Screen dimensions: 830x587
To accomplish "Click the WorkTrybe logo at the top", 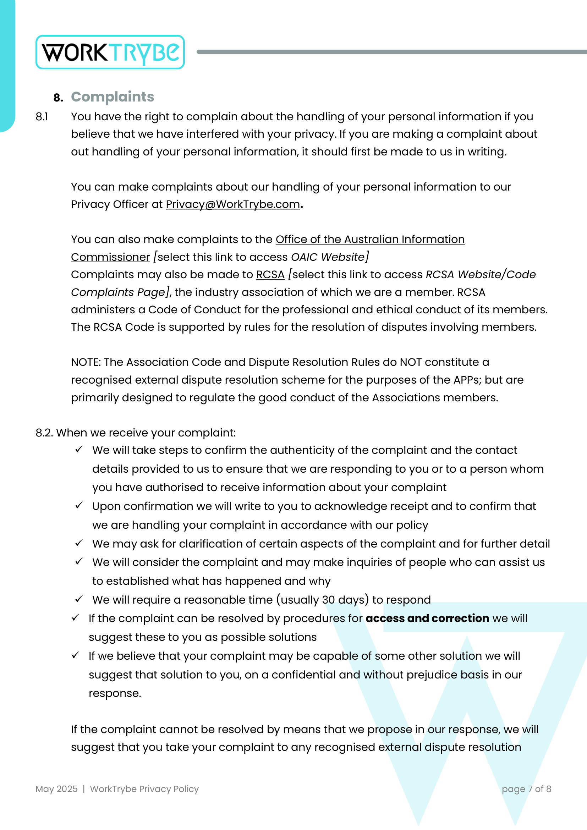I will tap(110, 52).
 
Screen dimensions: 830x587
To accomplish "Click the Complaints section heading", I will tap(113, 97).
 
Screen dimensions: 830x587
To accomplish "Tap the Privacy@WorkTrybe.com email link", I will tap(233, 204).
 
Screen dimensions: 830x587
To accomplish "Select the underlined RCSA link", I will tap(270, 275).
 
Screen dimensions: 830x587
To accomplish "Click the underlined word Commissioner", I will tap(110, 257).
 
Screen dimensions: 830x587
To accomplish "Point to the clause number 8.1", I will tap(42, 117).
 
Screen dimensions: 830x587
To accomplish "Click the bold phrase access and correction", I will tap(427, 618).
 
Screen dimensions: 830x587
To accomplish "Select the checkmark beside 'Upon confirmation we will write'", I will tap(79, 505).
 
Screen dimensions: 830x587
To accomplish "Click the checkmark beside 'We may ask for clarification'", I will tap(79, 543).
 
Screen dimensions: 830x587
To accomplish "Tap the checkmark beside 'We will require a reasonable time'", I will tap(79, 599).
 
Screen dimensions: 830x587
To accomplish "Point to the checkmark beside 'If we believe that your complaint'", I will tap(76, 655).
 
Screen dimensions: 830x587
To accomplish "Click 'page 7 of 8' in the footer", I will tap(526, 789).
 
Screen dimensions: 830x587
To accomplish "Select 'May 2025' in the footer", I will tap(56, 789).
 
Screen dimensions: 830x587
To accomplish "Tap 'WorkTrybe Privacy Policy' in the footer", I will tap(144, 789).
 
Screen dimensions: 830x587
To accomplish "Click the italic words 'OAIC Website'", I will tap(328, 257).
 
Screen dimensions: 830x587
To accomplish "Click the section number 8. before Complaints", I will tap(58, 98).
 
